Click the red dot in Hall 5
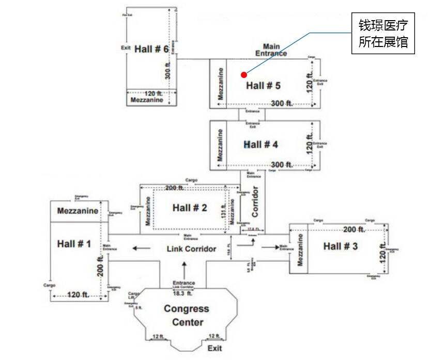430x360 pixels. coord(243,75)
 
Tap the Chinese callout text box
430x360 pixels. coord(383,34)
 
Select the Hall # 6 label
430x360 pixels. coord(151,49)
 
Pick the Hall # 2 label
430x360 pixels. coord(190,208)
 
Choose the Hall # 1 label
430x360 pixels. coord(74,244)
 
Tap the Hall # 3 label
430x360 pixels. coord(340,246)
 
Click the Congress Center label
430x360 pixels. coord(187,316)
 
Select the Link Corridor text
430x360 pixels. coord(191,249)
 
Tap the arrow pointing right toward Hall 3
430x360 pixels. coord(270,247)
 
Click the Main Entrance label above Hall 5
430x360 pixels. coord(271,50)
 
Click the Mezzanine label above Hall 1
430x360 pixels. coord(78,211)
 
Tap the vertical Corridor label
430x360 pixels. coord(255,201)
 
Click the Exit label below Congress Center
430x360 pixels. coord(214,348)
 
